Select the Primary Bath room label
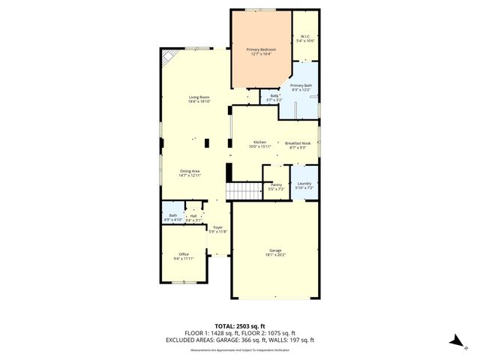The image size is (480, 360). (301, 85)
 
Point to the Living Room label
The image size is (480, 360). (199, 97)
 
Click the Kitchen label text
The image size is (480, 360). (259, 142)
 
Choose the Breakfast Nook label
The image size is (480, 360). (298, 142)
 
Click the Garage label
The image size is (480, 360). (275, 250)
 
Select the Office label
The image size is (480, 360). (184, 254)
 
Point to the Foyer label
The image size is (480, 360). (217, 227)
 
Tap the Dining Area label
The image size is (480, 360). (189, 171)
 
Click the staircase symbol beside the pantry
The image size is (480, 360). (244, 191)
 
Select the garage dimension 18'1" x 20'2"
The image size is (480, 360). (275, 255)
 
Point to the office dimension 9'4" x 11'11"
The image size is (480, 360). (184, 259)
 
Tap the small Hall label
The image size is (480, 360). (193, 216)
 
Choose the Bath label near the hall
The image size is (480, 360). (173, 216)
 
